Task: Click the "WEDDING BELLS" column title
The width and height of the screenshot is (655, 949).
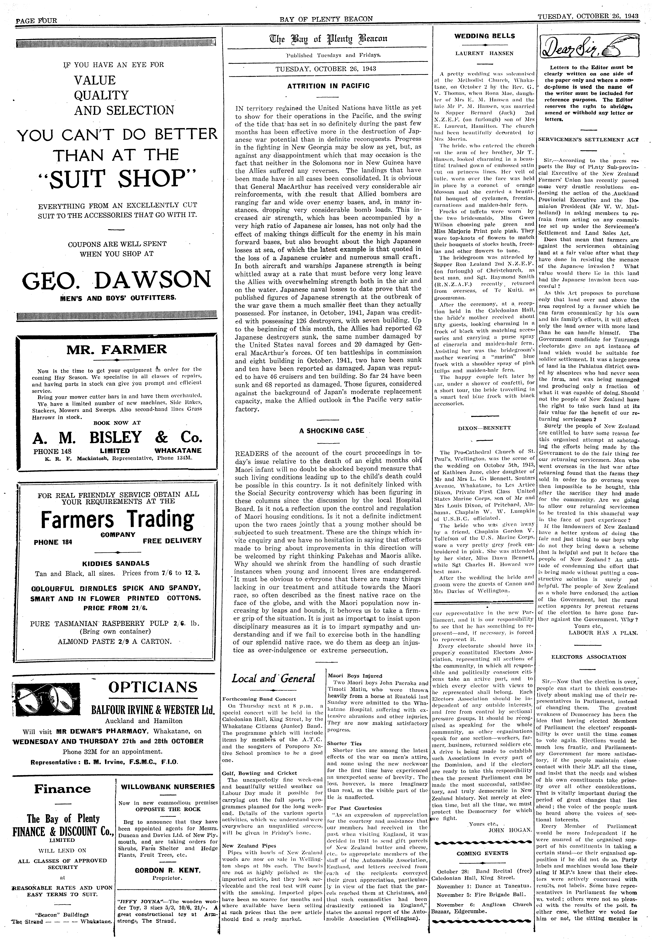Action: click(x=484, y=36)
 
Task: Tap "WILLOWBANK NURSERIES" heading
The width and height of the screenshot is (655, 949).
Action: click(x=167, y=786)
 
